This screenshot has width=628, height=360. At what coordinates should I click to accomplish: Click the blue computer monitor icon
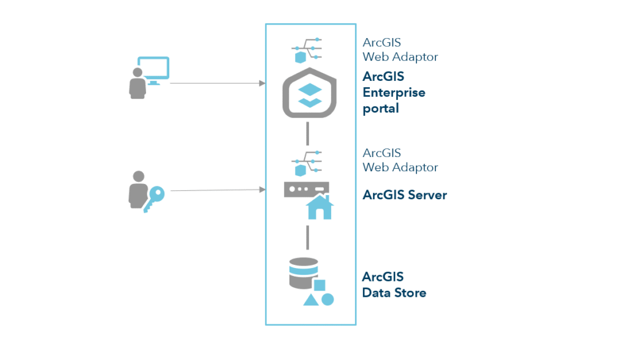(153, 70)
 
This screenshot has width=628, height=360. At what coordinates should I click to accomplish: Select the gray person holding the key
(137, 191)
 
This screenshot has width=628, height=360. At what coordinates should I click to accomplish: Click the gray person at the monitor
(137, 83)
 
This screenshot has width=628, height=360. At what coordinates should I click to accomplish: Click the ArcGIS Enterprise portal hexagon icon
(310, 93)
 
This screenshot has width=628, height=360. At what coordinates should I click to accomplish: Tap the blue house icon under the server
(320, 207)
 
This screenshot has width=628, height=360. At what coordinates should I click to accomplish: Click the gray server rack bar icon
(307, 189)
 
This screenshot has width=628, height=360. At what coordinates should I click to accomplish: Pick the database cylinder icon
(303, 274)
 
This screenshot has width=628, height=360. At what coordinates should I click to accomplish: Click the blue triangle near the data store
(310, 300)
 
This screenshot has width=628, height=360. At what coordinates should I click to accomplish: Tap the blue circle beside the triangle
(328, 300)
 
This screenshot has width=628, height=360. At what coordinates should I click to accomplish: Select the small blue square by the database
(320, 285)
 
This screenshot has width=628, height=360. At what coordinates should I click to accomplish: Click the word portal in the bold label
(381, 109)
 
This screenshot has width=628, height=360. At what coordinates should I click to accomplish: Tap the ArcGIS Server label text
(405, 195)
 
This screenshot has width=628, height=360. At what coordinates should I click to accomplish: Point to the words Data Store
(394, 293)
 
